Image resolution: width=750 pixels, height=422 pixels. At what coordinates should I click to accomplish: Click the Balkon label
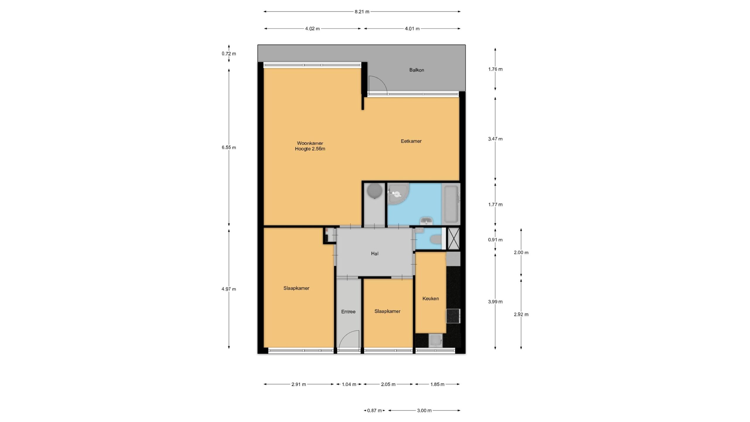[417, 70]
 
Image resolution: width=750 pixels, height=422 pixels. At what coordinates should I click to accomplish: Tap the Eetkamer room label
[411, 141]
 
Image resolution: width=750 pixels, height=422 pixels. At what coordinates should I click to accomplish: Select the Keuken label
[430, 299]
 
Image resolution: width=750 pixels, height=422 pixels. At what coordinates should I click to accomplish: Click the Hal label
[375, 254]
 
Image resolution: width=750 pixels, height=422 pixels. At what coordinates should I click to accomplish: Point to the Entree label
[348, 312]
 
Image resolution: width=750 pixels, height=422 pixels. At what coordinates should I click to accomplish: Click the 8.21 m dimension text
[362, 12]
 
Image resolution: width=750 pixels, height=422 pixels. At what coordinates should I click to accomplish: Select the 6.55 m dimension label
[229, 148]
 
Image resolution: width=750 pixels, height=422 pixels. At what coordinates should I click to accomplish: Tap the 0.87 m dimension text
[374, 411]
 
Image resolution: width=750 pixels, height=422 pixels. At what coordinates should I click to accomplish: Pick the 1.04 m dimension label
[349, 384]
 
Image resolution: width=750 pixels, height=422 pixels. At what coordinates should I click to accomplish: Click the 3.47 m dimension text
[495, 139]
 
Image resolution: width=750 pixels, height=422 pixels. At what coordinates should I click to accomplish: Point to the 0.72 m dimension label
[229, 54]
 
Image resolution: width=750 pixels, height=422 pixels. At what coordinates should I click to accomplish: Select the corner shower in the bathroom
[398, 194]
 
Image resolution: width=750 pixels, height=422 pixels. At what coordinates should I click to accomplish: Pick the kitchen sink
[435, 341]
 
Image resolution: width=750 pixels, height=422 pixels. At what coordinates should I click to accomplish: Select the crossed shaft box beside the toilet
[454, 239]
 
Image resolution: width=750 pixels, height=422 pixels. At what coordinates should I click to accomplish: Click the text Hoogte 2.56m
[310, 149]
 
